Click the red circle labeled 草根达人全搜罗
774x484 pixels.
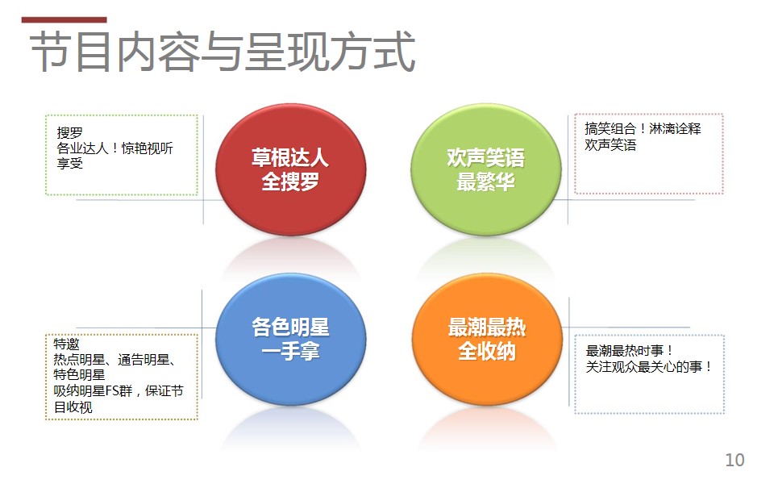290,169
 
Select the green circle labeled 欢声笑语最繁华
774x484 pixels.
486,169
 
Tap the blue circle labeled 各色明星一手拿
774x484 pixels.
291,340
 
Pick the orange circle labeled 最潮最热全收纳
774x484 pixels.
487,340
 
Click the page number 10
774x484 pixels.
734,460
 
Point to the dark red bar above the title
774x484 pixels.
64,19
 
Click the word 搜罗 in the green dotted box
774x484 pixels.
69,133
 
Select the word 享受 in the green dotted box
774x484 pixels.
69,163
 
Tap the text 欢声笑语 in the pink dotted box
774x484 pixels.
610,144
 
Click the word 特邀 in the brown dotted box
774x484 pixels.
66,344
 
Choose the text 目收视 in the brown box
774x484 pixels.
73,407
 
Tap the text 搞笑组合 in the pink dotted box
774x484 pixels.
610,129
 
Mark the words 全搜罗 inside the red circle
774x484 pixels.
290,181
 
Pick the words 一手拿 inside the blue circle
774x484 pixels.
291,352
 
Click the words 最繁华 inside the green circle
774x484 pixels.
486,181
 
